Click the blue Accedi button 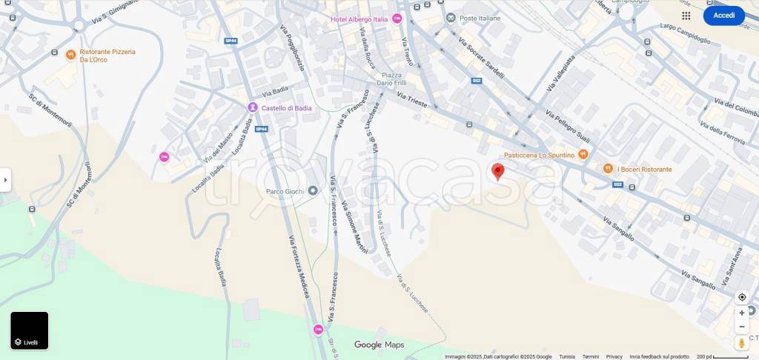pos(723,16)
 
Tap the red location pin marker pos(498,172)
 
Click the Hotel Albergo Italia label pos(359,19)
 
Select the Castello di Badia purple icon pos(252,108)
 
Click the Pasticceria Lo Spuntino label pos(539,155)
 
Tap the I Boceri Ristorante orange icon pos(608,170)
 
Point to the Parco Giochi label pos(286,191)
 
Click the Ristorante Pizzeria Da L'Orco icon pos(70,54)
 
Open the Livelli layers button pos(30,330)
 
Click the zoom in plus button pos(742,313)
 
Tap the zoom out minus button pos(742,327)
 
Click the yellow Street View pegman pos(742,343)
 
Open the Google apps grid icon pos(686,16)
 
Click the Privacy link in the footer pos(614,356)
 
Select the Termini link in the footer pos(590,356)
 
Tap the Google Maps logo pos(379,344)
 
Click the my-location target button pos(742,297)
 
